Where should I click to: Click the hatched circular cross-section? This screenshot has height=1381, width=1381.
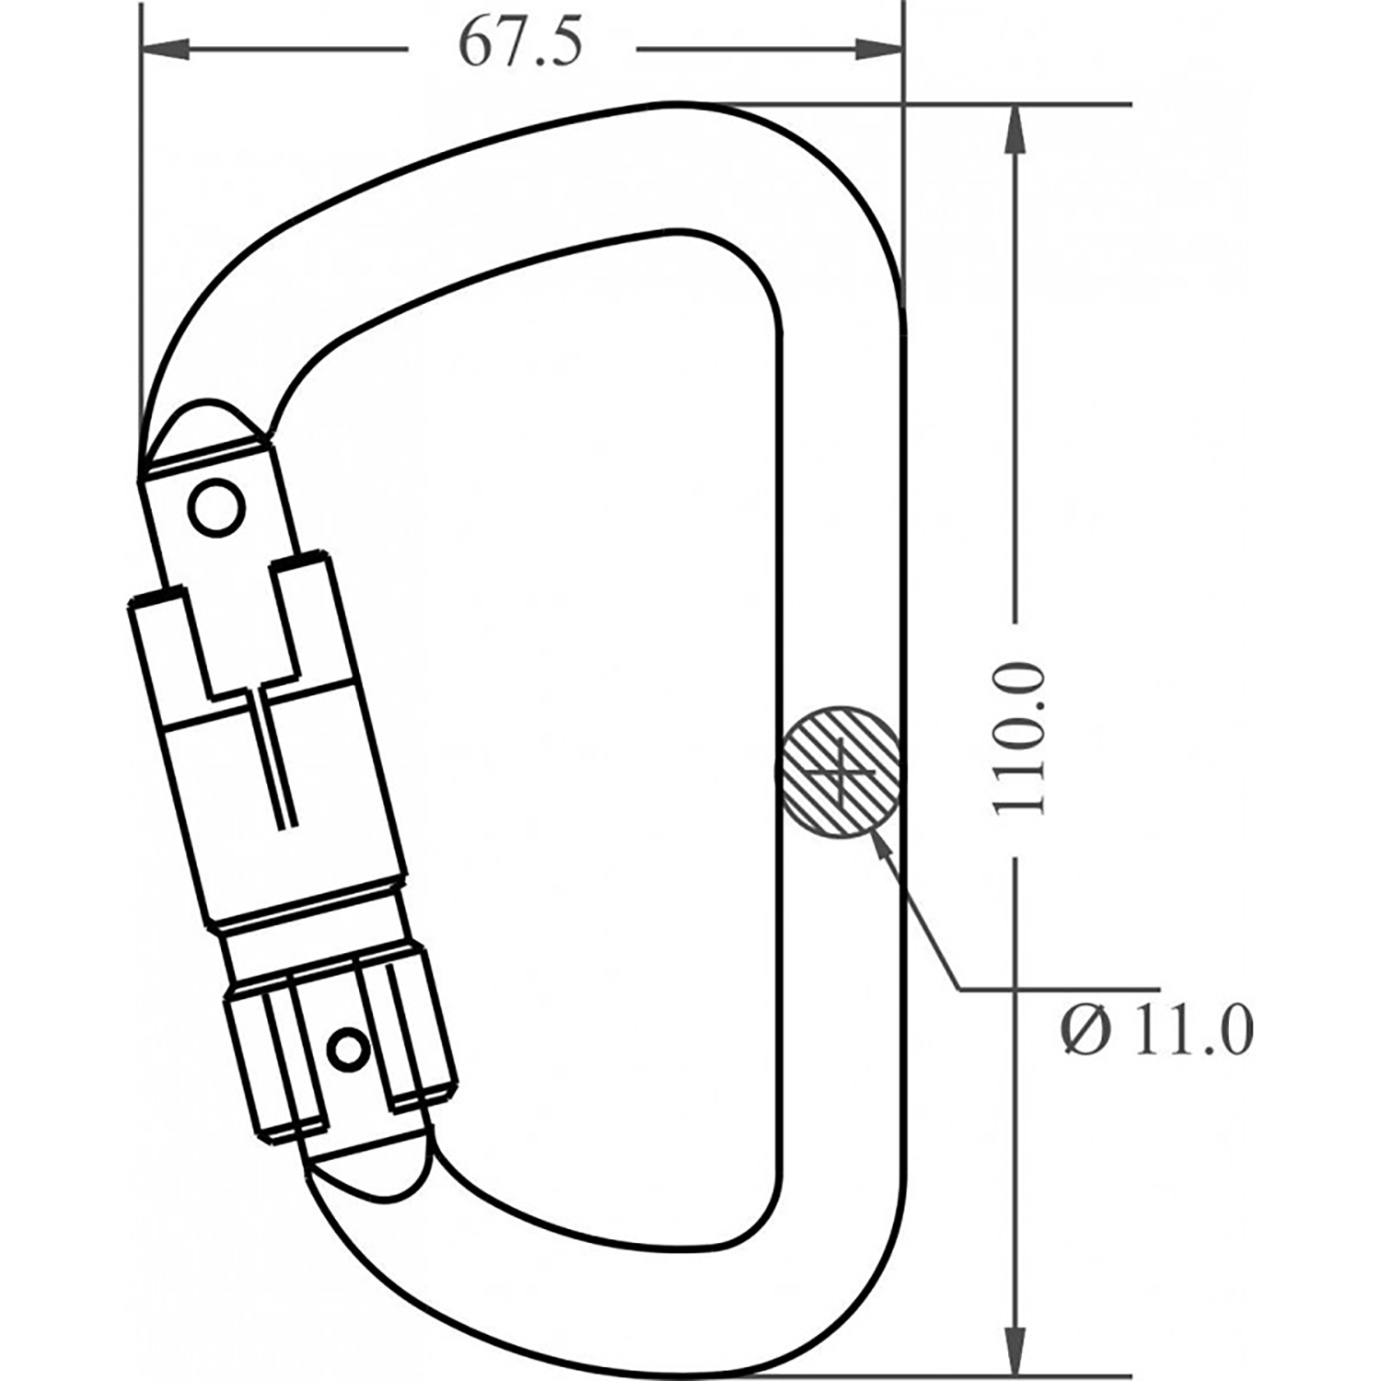839,772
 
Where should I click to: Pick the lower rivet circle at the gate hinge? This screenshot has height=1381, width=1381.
349,1048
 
